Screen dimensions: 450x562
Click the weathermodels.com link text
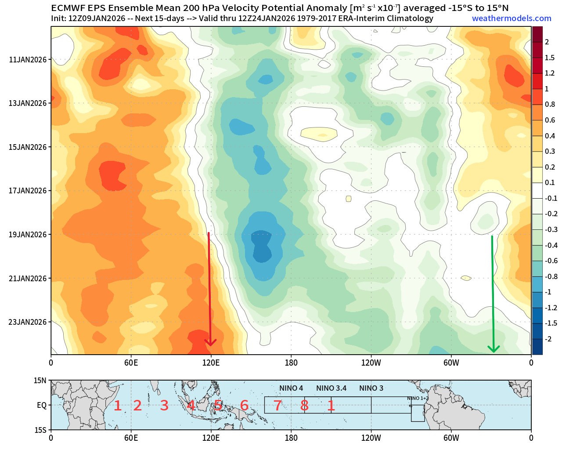pos(512,18)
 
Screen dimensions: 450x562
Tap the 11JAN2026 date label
pos(27,60)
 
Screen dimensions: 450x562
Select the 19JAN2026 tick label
pos(27,235)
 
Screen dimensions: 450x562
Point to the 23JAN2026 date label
pos(27,322)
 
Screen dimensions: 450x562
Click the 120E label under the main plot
pos(211,363)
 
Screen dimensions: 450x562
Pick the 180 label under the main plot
pos(291,363)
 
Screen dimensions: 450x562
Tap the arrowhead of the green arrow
pos(494,349)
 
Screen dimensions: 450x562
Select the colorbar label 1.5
pos(549,58)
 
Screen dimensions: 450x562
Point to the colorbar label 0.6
pos(549,120)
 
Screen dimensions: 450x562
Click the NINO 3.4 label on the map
pos(331,388)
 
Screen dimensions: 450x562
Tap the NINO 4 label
pos(291,388)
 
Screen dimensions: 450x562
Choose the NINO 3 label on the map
pos(371,388)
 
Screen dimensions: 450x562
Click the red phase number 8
pos(304,406)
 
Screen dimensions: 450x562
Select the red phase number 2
pos(137,406)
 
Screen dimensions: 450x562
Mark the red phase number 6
pos(244,406)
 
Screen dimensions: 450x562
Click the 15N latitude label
pos(40,381)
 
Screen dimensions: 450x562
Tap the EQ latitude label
pos(42,406)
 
